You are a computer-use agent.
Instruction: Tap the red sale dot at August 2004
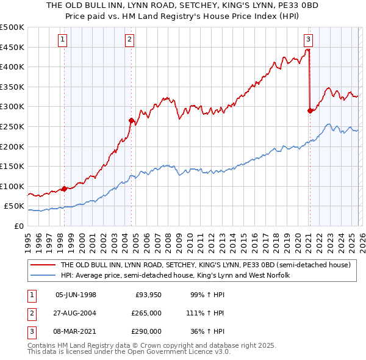pos(131,121)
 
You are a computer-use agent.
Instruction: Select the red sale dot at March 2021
pos(310,110)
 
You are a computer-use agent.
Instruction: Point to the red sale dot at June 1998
pos(64,189)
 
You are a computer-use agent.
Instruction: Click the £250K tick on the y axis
pos(12,126)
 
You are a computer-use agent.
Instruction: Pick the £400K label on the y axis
pos(12,67)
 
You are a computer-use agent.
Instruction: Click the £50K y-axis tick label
pos(15,206)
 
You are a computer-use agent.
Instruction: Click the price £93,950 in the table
pos(148,295)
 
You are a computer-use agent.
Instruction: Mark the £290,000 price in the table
pos(146,331)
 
